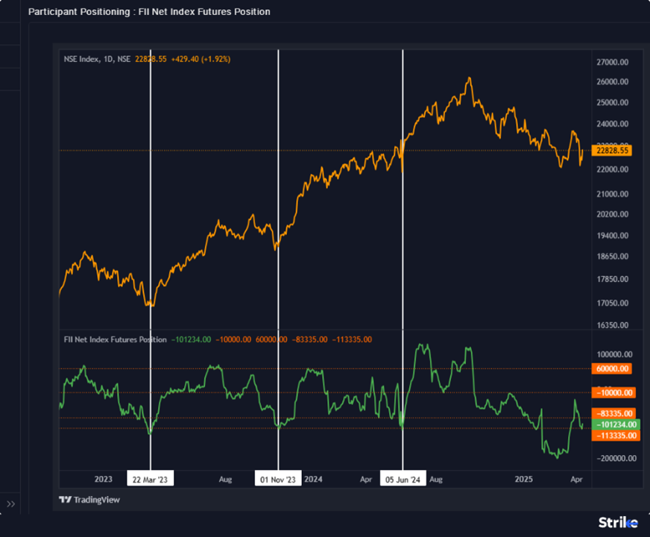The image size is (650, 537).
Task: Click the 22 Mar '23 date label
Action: coord(151,480)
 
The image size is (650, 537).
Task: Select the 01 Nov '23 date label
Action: coord(279,480)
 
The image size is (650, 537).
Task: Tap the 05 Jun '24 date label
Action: coord(403,480)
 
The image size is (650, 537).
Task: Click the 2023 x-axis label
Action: coord(103,480)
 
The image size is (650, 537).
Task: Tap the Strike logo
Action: coord(618,523)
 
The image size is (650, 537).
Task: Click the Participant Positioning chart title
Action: coord(149,12)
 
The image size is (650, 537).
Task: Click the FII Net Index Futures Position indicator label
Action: coord(115,339)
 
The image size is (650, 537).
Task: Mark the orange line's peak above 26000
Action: coord(469,78)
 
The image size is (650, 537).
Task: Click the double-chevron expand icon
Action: coord(11,504)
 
